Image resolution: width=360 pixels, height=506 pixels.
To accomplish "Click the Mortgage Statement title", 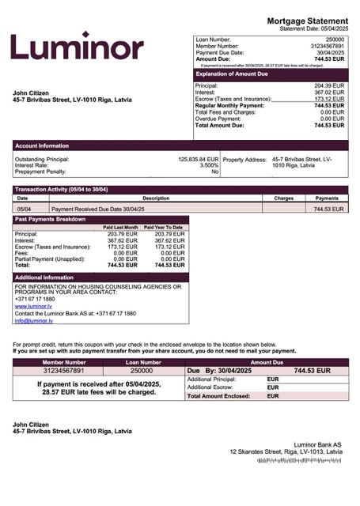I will (307, 21).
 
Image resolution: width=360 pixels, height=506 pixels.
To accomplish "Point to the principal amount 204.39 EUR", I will (328, 85).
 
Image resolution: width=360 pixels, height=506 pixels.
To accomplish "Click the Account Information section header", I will (42, 145).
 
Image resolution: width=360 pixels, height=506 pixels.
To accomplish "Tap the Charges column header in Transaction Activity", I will (283, 198).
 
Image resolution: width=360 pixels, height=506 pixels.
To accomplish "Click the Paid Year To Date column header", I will (164, 227).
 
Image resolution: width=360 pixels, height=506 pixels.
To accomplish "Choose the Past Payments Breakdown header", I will (50, 218).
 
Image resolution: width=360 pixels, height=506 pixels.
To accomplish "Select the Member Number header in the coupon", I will (63, 361).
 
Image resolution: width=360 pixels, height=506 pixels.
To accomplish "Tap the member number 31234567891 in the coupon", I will (63, 370).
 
